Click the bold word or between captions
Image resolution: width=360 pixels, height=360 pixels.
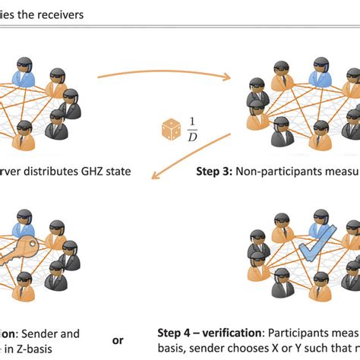tap(118, 341)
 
